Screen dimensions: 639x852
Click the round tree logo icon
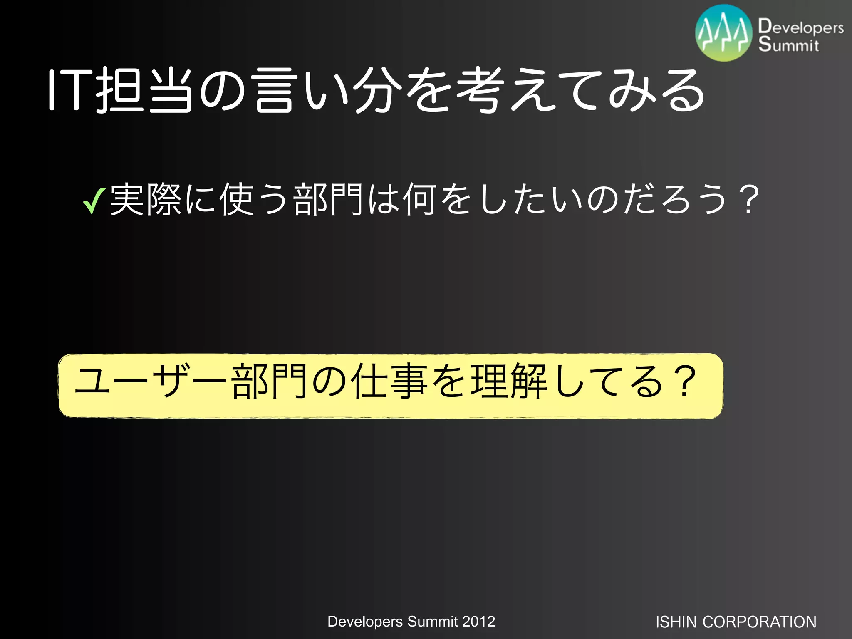coord(724,33)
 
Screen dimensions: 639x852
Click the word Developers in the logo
coord(801,27)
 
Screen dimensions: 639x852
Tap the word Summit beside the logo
coord(788,45)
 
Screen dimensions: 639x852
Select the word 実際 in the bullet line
coord(146,200)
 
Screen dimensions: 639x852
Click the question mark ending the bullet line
coord(749,200)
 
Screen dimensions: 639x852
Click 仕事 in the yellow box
coord(389,381)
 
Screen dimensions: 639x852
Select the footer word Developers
coord(365,622)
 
